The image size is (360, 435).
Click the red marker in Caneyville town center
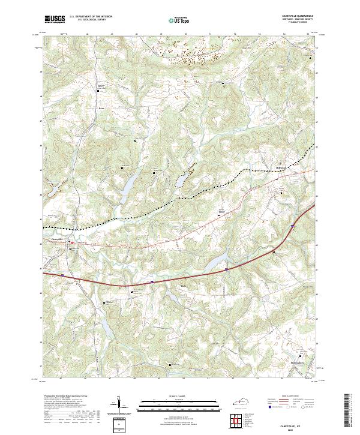(x=72, y=242)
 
